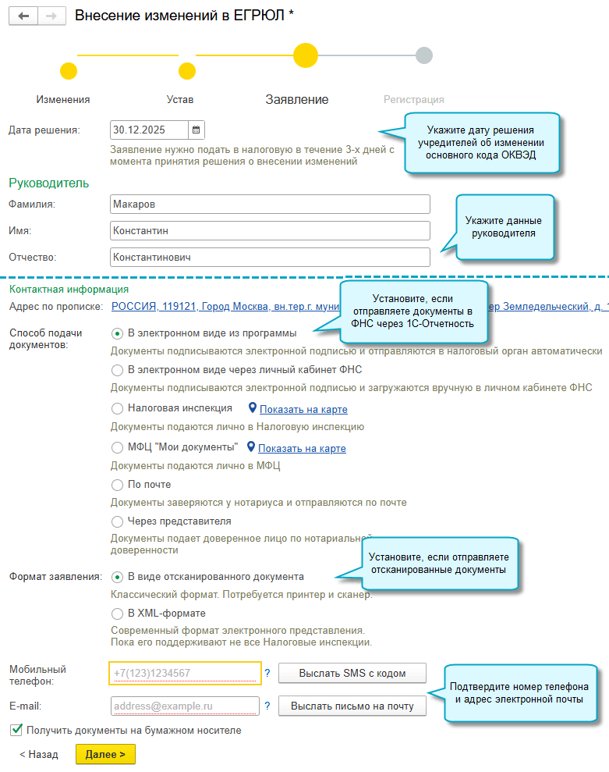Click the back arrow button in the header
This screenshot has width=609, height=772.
click(23, 16)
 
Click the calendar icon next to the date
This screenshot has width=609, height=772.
click(196, 130)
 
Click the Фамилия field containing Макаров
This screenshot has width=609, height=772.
click(270, 205)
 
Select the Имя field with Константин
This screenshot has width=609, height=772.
click(270, 231)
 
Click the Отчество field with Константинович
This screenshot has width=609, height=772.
click(270, 257)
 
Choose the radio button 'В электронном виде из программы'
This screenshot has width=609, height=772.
click(118, 333)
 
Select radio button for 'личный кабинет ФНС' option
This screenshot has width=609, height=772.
click(118, 369)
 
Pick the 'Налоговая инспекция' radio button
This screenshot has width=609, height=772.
click(118, 408)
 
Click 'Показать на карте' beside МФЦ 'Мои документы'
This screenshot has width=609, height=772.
click(302, 448)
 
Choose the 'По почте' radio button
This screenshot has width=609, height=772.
click(118, 485)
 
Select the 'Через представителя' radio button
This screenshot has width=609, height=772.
click(118, 521)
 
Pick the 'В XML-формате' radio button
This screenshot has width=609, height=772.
click(118, 614)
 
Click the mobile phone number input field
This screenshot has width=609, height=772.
click(185, 673)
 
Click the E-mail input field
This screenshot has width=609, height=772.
click(185, 706)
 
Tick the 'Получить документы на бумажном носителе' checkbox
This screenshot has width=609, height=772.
click(16, 731)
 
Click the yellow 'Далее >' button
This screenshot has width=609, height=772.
click(105, 755)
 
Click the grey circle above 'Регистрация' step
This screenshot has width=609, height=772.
click(424, 55)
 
